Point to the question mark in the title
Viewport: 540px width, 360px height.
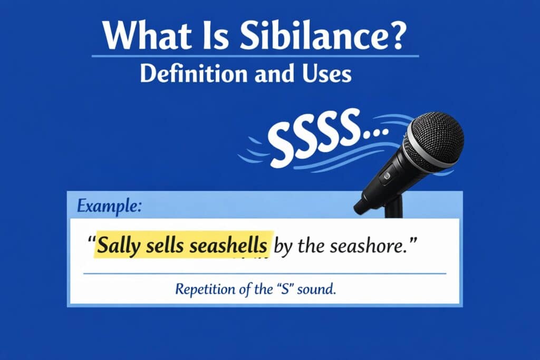click(396, 35)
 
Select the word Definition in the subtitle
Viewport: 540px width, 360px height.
click(194, 73)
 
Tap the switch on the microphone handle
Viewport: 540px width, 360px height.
click(387, 176)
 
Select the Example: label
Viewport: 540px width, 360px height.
click(109, 207)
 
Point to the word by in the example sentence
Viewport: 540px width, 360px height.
click(283, 247)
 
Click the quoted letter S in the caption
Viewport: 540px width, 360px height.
click(285, 289)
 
